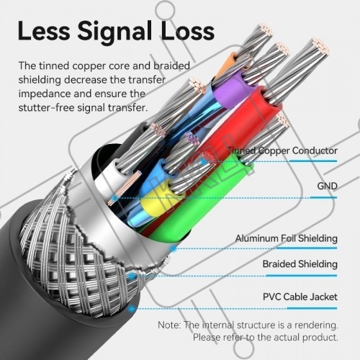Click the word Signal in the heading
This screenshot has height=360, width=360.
pyautogui.click(x=114, y=31)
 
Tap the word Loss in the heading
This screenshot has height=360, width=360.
pyautogui.click(x=187, y=31)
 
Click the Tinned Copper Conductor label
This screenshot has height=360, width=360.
pyautogui.click(x=282, y=150)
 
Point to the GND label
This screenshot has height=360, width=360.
pyautogui.click(x=327, y=186)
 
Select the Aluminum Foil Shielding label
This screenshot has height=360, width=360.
pyautogui.click(x=287, y=238)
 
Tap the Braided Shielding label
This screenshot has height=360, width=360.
pyautogui.click(x=300, y=264)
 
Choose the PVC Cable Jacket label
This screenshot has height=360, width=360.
pyautogui.click(x=300, y=297)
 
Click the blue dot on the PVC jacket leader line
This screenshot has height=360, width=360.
pyautogui.click(x=131, y=309)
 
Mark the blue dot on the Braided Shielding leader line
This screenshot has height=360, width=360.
pyautogui.click(x=132, y=276)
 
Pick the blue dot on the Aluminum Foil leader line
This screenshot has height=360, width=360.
pyautogui.click(x=174, y=249)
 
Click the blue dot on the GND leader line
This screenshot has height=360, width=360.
pyautogui.click(x=115, y=198)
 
